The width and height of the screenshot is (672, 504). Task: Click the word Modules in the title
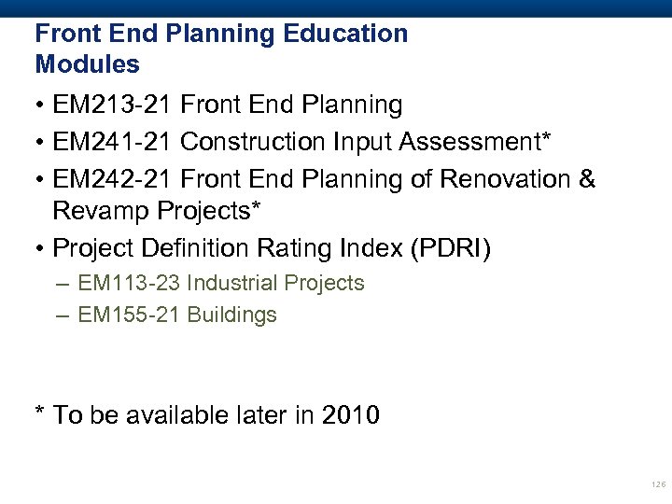tap(87, 64)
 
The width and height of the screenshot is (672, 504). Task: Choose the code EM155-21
tap(129, 315)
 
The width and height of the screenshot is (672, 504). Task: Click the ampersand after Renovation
tap(586, 178)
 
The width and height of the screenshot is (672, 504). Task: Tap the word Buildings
tap(232, 315)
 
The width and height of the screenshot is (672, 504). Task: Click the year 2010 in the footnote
tap(350, 414)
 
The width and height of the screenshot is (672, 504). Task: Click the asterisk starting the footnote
tap(40, 413)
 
